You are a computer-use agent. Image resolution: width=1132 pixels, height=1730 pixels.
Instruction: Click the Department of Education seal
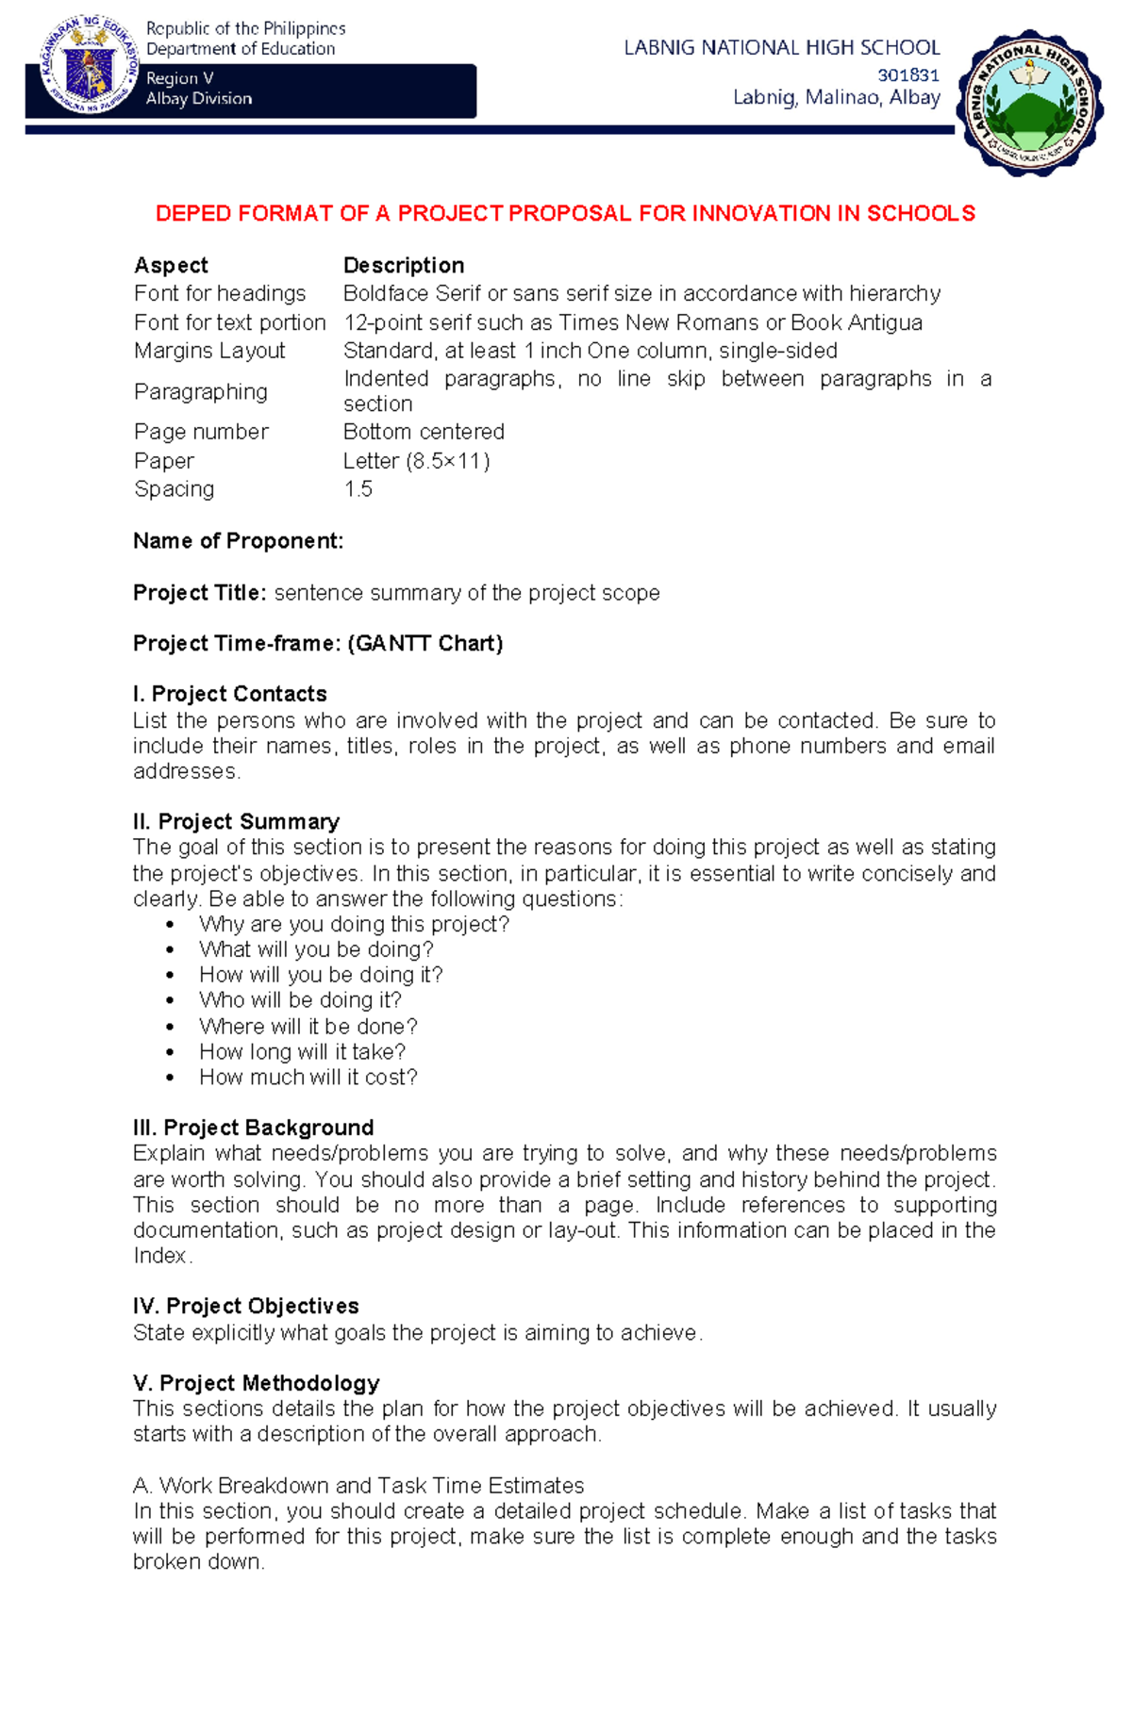(90, 67)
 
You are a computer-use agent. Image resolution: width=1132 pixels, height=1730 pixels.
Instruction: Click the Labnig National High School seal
(1030, 103)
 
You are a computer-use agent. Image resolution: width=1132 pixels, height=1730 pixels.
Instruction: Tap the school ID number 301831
(908, 74)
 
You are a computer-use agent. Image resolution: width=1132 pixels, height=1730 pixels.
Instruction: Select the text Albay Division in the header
(199, 98)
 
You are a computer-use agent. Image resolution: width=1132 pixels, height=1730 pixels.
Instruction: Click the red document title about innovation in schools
(565, 214)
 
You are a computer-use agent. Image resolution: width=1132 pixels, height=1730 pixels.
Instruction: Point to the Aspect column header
(171, 265)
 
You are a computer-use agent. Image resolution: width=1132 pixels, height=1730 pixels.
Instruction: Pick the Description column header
(404, 265)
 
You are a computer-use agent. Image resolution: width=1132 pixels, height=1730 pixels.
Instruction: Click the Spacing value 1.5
(358, 489)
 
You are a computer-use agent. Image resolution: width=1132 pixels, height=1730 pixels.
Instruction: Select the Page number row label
(201, 432)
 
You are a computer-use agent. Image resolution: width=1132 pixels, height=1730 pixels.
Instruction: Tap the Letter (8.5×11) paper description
(416, 461)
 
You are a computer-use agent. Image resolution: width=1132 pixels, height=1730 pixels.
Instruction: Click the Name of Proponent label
(238, 541)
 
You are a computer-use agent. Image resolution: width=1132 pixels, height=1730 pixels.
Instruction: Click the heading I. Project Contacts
(230, 694)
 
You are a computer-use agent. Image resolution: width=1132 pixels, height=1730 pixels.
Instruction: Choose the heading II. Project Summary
(236, 821)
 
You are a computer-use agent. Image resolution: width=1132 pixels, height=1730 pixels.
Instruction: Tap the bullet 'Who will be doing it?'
(300, 1000)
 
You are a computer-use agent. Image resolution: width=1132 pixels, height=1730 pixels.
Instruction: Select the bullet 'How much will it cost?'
(308, 1078)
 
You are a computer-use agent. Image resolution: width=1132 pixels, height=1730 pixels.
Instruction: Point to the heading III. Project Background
(254, 1128)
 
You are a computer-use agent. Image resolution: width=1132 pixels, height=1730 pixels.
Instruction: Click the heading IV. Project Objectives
(246, 1306)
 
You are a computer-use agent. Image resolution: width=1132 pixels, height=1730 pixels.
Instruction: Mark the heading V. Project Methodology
(257, 1383)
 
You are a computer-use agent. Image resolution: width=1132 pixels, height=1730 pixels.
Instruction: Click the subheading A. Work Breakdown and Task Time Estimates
(358, 1486)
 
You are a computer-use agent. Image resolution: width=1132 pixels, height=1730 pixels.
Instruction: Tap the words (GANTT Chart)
(425, 644)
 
